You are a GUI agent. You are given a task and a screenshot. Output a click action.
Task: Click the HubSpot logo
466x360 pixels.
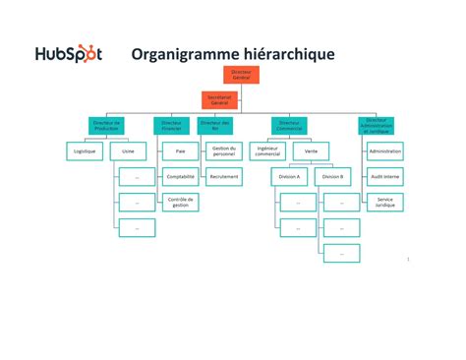[68, 54]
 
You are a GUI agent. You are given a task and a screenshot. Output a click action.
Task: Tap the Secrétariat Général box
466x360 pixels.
[220, 99]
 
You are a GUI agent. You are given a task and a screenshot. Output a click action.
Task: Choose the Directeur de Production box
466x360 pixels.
[106, 126]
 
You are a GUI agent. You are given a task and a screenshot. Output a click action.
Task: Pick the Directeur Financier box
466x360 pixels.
[171, 126]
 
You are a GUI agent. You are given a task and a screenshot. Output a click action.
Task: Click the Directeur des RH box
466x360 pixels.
[215, 126]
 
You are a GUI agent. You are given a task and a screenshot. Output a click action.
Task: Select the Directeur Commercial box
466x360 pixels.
[290, 126]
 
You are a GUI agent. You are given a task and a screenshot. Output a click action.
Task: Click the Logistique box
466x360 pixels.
[85, 151]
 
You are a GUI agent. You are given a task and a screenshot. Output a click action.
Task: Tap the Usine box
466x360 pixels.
[129, 151]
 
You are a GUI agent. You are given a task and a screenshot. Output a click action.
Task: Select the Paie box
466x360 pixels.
[181, 151]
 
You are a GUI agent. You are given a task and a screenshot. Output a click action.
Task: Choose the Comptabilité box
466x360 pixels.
[181, 177]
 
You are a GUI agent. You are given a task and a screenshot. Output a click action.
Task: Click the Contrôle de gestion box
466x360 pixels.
[181, 202]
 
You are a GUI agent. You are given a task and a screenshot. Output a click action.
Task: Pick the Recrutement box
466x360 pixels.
[223, 177]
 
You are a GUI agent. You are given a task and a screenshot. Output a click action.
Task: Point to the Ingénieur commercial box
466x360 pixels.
[266, 151]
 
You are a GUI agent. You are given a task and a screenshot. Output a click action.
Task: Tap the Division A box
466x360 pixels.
[289, 177]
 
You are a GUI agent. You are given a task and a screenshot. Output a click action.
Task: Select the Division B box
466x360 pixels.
[333, 177]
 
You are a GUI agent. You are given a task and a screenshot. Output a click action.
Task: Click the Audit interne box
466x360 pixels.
[384, 177]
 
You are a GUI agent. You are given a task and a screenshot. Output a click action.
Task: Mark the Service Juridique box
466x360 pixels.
[384, 202]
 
